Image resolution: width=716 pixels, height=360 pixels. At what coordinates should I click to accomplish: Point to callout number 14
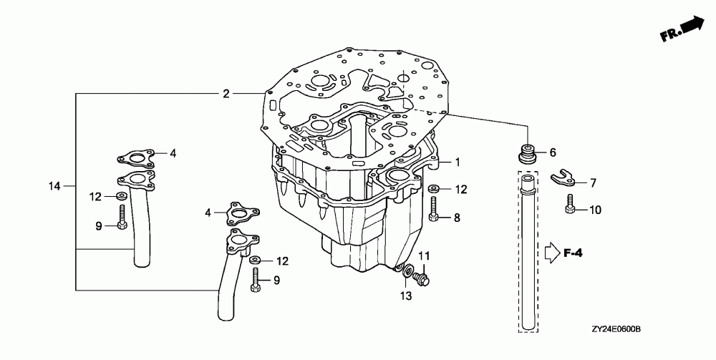(x=54, y=186)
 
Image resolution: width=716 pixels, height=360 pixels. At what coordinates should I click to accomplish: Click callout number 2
(x=226, y=94)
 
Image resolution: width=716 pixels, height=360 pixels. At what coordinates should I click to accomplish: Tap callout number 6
(x=552, y=152)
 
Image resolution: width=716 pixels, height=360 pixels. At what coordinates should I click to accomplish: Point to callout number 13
(x=406, y=296)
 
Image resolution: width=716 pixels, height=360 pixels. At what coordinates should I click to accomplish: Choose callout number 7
(x=592, y=183)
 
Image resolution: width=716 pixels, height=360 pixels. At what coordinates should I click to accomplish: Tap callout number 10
(x=595, y=210)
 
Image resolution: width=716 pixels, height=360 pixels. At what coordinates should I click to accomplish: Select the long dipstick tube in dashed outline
(x=528, y=250)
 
